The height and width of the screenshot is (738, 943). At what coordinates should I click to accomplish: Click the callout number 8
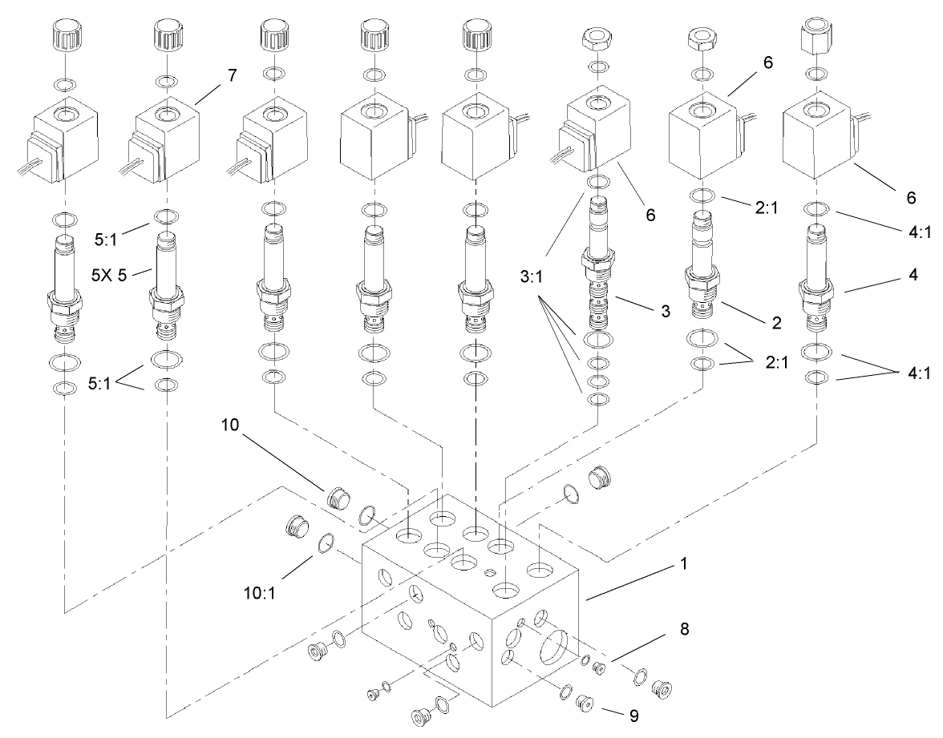(x=682, y=631)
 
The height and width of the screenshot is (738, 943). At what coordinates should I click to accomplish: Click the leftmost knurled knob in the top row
(x=65, y=35)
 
